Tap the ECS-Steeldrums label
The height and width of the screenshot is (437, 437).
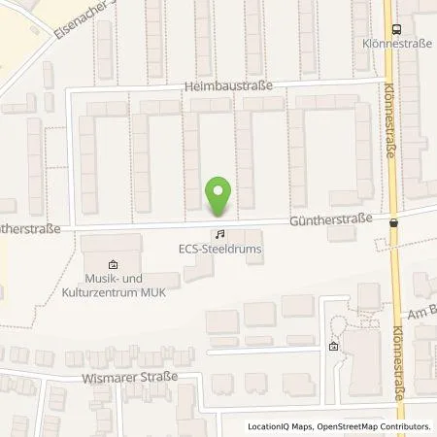pos(220,248)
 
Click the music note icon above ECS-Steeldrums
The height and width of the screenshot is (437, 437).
pos(219,234)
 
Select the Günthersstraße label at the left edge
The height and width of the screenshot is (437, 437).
pos(30,229)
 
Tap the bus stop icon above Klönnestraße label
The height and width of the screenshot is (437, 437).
pos(396,30)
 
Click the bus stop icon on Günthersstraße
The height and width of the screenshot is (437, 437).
pos(394,221)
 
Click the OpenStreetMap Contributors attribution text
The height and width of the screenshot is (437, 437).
pos(374,426)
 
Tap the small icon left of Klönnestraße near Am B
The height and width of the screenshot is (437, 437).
pos(334,347)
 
